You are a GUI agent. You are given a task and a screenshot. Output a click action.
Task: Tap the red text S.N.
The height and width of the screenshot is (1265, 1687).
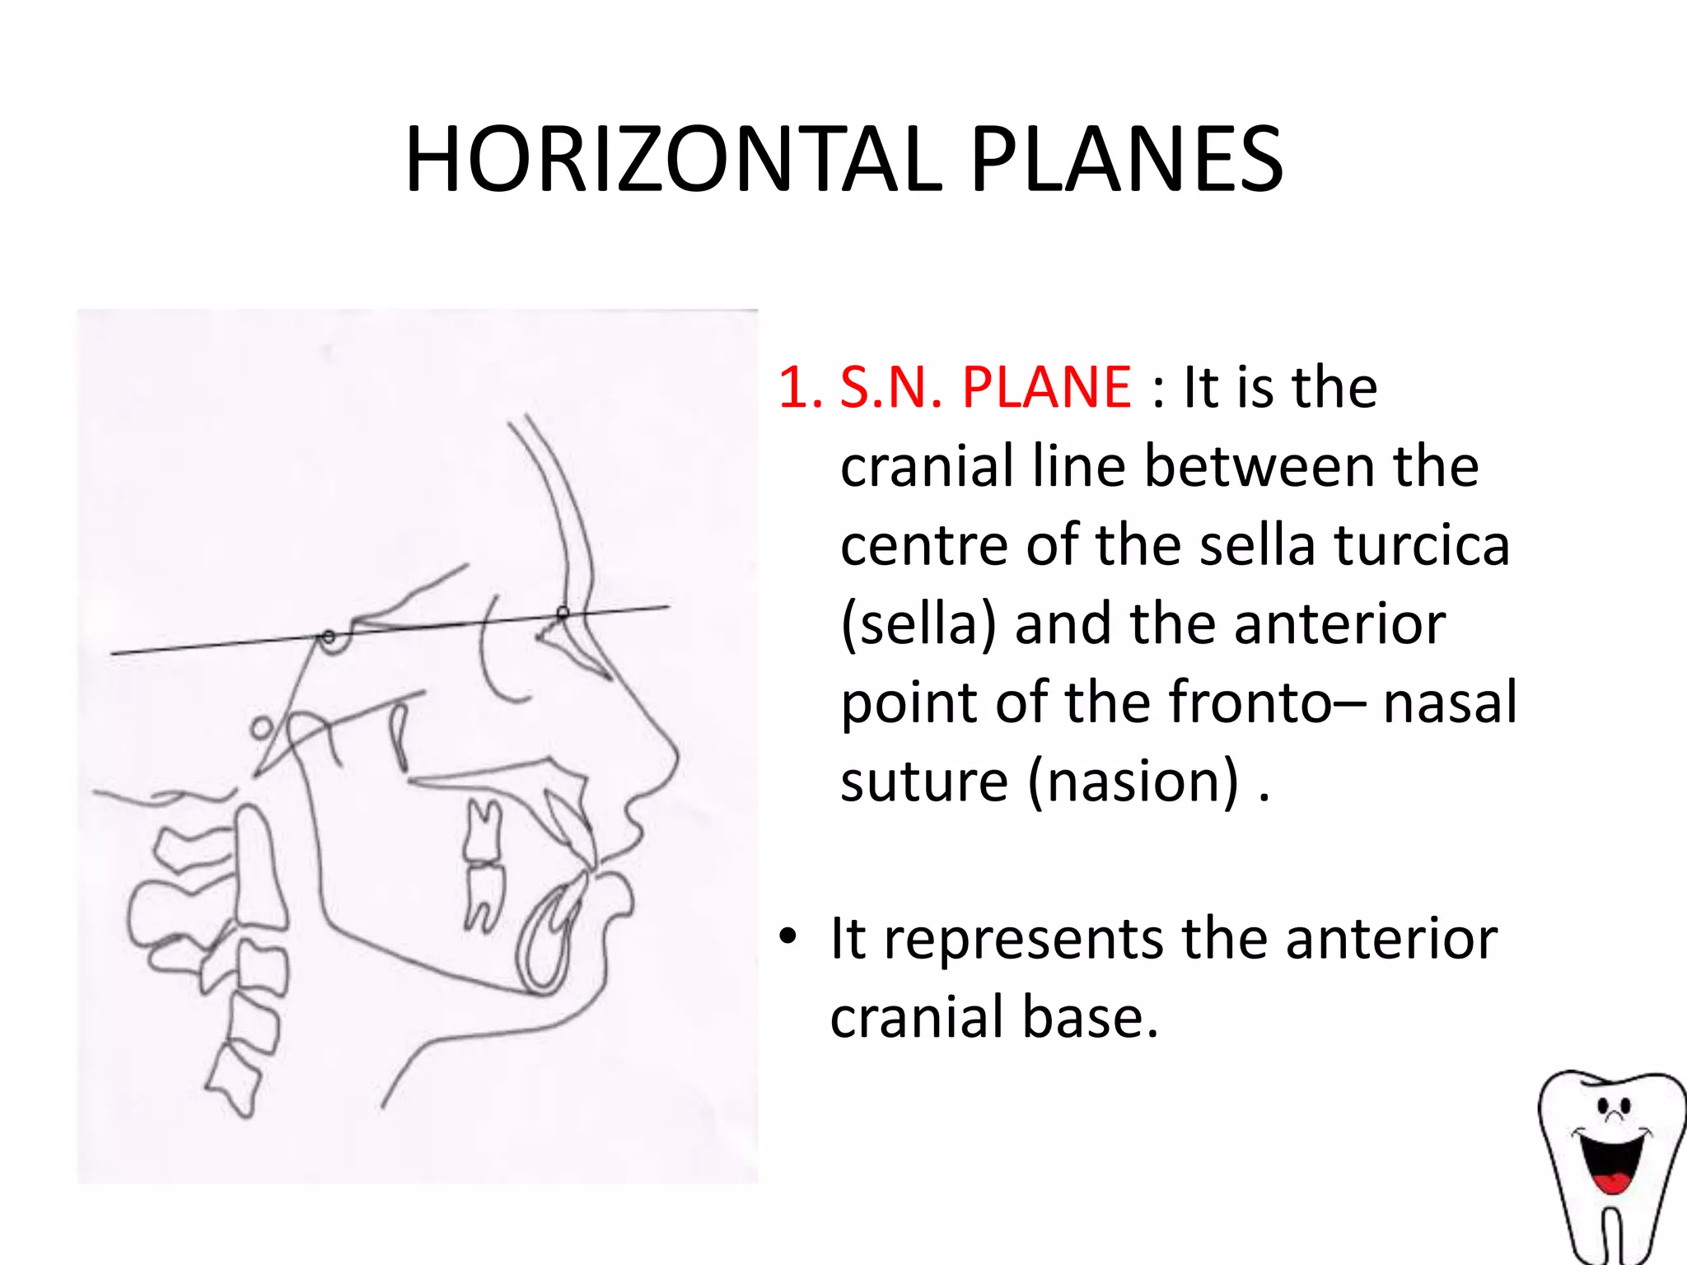coord(890,386)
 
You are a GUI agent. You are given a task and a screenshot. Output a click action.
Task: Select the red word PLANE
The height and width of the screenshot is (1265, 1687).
coord(1046,386)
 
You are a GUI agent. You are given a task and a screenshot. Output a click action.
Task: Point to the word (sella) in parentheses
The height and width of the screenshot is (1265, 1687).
coord(918,624)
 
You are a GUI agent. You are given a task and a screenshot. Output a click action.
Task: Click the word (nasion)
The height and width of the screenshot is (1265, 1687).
coord(1133,781)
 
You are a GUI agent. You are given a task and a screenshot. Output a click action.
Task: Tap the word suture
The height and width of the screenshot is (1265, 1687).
coord(923,781)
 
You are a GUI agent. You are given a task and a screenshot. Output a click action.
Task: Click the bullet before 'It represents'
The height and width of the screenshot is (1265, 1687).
coord(787,937)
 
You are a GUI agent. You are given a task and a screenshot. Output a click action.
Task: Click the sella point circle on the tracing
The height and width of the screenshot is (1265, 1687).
coord(329,637)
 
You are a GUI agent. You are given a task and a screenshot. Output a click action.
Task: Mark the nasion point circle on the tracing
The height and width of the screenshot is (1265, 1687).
coord(563,613)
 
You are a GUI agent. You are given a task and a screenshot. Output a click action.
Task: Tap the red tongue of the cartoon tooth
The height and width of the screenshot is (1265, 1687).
coord(1610,1183)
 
